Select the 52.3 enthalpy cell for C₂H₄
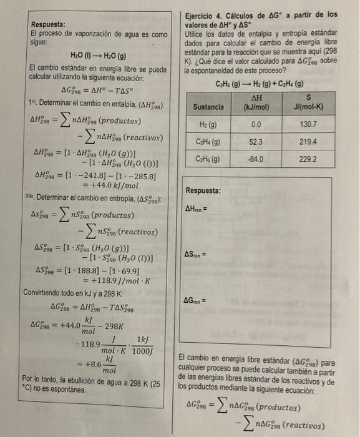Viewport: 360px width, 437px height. [254, 142]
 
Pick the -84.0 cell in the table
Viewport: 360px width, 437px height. [254, 159]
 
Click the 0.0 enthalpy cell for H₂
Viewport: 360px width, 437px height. [254, 125]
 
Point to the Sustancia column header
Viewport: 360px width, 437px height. [208, 107]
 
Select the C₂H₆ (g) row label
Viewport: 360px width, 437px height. [208, 159]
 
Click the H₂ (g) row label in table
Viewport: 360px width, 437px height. [208, 125]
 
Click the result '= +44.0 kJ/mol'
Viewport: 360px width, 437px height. [110, 185]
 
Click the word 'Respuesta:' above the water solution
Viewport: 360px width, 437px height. [47, 25]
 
